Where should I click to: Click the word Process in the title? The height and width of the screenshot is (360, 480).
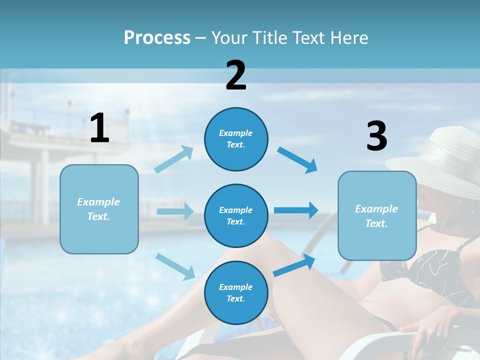[x=157, y=38]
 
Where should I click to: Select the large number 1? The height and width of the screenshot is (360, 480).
[x=99, y=128]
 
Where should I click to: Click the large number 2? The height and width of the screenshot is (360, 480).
[x=236, y=76]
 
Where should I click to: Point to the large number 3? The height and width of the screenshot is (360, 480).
[x=376, y=136]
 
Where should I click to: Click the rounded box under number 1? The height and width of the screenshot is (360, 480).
[x=99, y=209]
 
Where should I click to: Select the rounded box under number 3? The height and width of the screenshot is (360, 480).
[x=377, y=215]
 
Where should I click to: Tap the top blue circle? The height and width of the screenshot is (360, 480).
[x=236, y=139]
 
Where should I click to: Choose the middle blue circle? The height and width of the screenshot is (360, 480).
[x=236, y=215]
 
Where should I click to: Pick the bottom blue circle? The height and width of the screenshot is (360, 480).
[x=236, y=292]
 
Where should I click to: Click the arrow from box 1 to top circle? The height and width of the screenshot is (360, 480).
[x=174, y=159]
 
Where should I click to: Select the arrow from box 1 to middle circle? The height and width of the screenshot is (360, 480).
[x=175, y=211]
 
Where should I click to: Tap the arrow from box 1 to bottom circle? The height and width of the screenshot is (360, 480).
[x=175, y=266]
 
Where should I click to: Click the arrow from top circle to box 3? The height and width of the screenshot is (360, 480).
[x=297, y=159]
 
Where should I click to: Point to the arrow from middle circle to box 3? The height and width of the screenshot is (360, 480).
[x=296, y=210]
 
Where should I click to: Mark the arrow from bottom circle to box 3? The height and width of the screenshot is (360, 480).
[x=294, y=265]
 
